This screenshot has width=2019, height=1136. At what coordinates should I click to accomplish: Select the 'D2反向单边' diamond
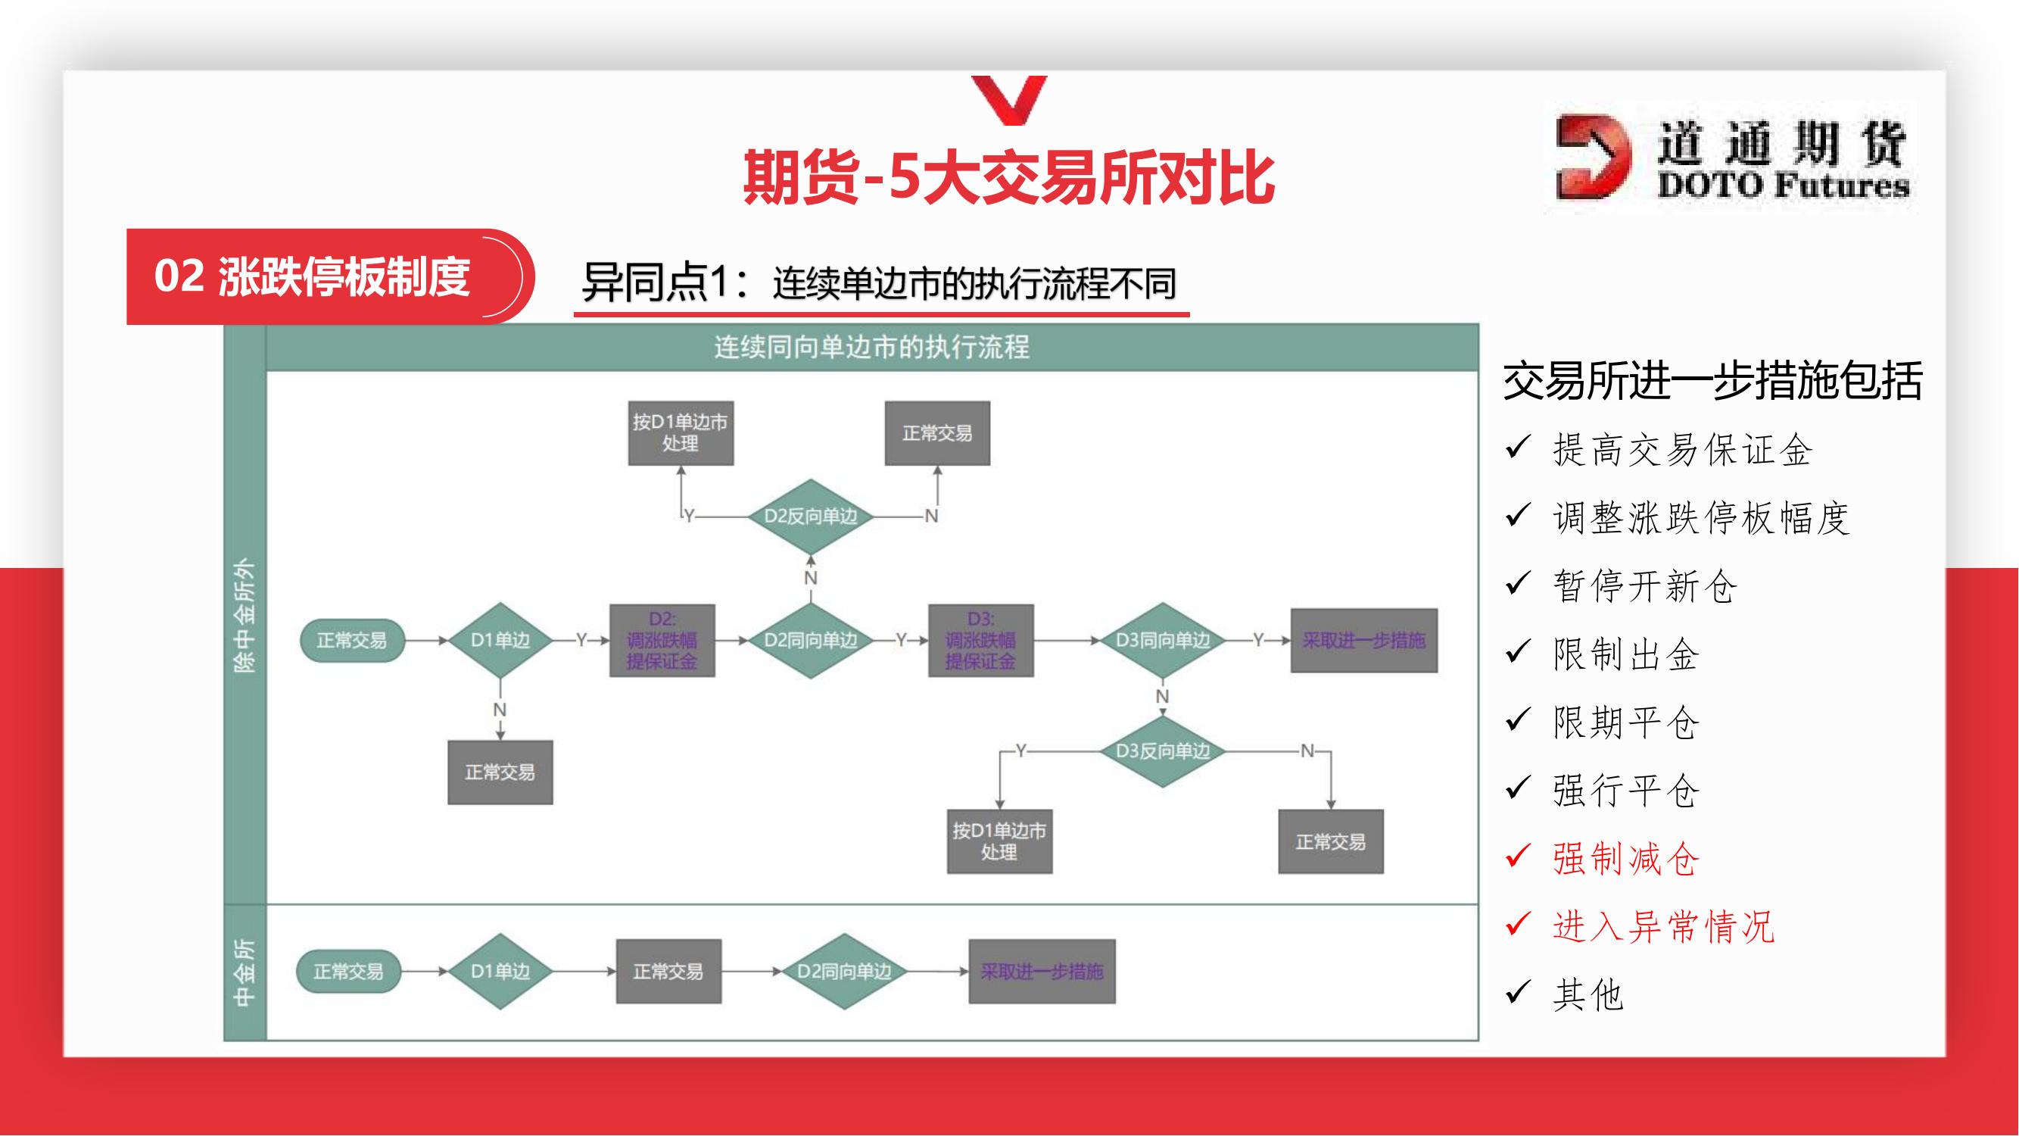click(x=811, y=516)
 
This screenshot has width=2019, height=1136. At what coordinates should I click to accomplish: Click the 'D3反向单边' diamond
click(x=1162, y=751)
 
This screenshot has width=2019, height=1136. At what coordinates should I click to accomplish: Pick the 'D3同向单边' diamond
click(x=1162, y=640)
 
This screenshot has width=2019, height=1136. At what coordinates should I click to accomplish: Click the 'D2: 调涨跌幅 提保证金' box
click(x=662, y=640)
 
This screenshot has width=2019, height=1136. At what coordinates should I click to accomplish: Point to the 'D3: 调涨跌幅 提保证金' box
click(x=980, y=640)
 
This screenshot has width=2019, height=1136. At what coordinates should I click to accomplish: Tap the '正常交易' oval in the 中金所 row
click(x=348, y=972)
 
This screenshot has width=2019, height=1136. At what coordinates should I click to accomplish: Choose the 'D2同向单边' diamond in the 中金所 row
click(x=844, y=972)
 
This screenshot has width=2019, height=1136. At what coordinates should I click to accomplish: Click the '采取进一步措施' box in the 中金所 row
click(x=1042, y=972)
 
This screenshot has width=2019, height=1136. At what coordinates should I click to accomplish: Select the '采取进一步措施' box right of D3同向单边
click(x=1363, y=640)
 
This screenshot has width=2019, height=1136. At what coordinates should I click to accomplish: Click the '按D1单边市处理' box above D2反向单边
click(x=681, y=432)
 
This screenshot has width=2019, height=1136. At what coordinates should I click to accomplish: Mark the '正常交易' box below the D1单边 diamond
click(x=500, y=772)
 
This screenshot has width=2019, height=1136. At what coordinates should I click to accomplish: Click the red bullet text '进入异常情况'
click(x=1663, y=927)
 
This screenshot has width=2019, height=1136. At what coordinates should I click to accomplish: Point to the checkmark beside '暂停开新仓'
click(x=1517, y=583)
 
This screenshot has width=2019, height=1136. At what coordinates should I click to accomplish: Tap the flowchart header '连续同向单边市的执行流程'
click(x=871, y=347)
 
